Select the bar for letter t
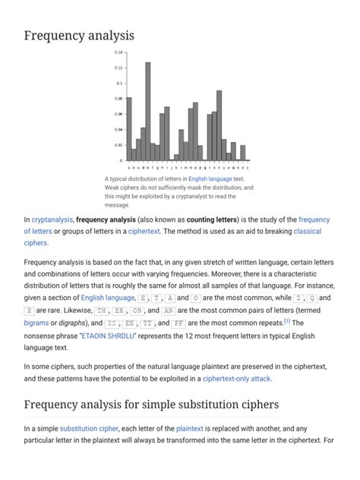point(219,125)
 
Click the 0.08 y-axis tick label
point(118,99)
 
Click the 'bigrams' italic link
point(36,322)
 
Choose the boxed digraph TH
point(101,311)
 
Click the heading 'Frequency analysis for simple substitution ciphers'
point(151,404)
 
